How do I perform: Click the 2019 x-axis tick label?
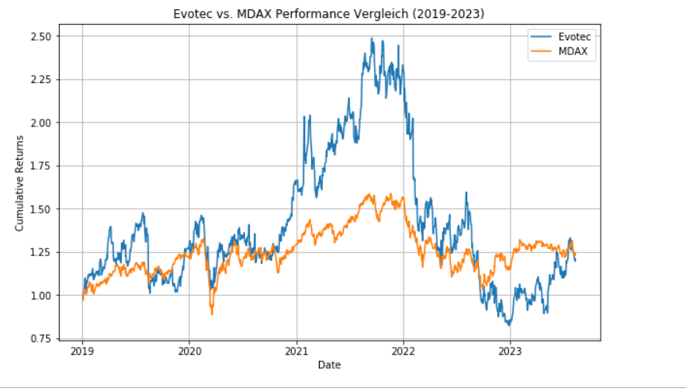point(82,352)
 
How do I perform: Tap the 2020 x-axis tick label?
point(189,352)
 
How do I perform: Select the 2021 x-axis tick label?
point(296,352)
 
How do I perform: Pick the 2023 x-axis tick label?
point(510,352)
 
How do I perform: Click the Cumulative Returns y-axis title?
point(20,182)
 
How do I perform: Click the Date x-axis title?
point(328,364)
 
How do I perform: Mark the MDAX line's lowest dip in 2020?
point(212,313)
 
